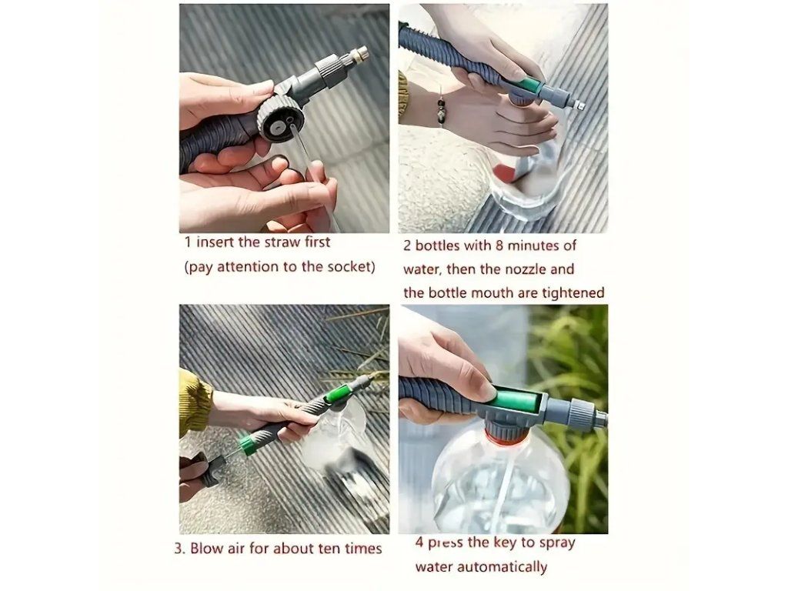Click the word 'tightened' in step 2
point(573,292)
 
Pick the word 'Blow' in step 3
point(207,547)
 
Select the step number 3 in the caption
point(179,548)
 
